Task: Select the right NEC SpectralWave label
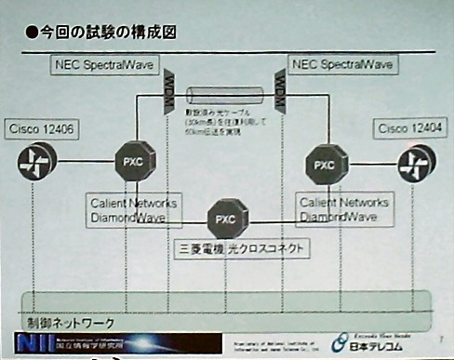click(343, 65)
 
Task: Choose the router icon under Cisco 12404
click(414, 166)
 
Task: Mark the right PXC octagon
click(323, 165)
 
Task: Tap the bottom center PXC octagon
click(225, 220)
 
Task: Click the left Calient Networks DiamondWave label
click(133, 210)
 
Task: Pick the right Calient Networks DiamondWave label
click(337, 210)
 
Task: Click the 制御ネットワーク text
click(71, 323)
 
